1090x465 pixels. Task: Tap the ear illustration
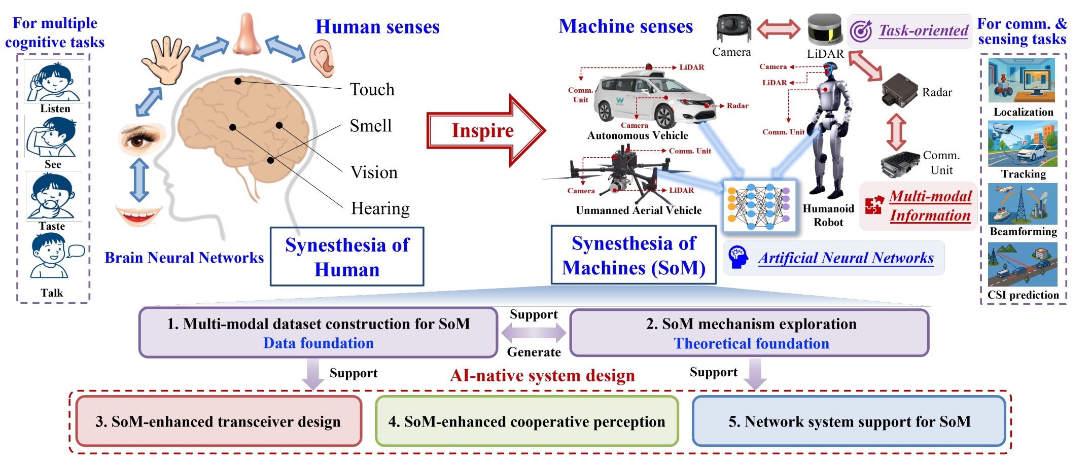coord(323,58)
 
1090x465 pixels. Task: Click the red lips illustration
coord(138,214)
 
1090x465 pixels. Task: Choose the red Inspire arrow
coord(485,130)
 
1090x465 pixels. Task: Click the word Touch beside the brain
coord(372,90)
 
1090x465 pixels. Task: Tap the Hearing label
coord(380,208)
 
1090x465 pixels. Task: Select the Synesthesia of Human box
coord(347,257)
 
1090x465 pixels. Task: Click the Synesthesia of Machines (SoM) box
coord(634,255)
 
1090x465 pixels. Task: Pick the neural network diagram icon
coord(759,205)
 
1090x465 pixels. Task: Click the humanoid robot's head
coord(830,70)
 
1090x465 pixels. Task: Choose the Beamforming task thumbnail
coord(1023,204)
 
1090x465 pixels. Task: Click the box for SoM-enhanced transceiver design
coord(219,421)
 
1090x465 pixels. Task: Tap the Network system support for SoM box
coord(849,421)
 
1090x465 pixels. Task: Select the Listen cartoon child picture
coord(54,81)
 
